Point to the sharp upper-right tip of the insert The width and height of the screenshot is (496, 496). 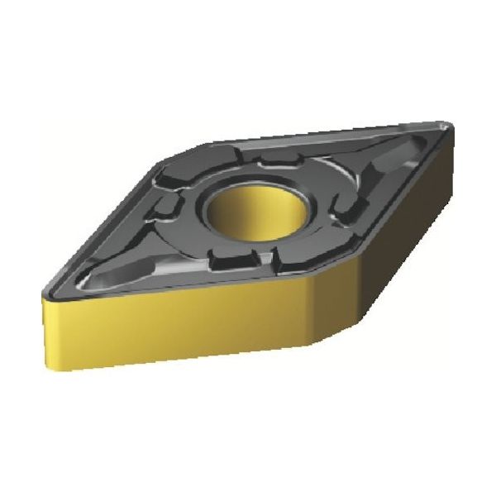pos(451,126)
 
